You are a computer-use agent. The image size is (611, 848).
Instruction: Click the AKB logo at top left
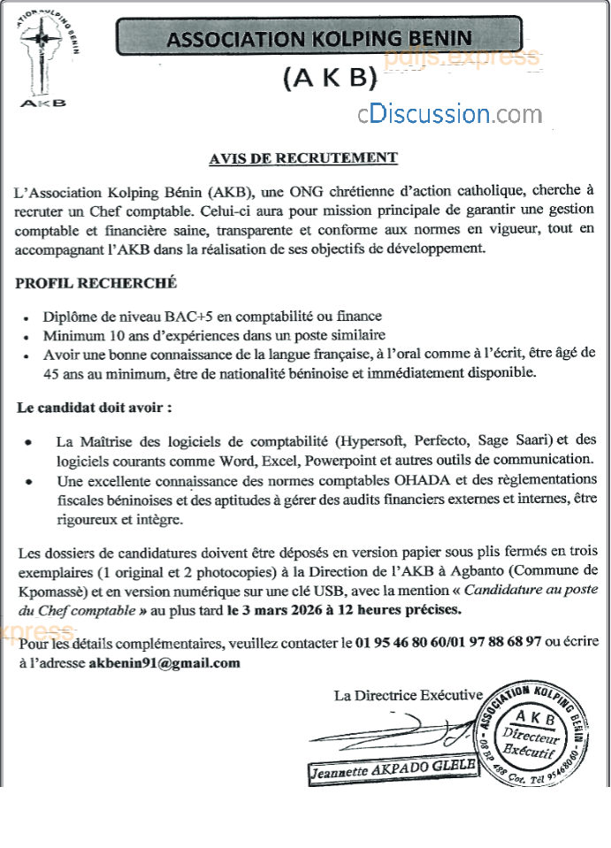click(x=44, y=57)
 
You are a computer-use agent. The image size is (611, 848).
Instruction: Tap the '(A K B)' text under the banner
click(x=330, y=79)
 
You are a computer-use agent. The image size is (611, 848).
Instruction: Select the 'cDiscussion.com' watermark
click(x=449, y=114)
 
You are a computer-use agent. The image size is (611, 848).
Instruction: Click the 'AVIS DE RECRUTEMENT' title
click(x=303, y=158)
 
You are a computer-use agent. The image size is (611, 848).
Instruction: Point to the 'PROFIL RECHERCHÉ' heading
click(x=96, y=283)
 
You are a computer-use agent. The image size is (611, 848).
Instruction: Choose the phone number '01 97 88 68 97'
click(x=496, y=640)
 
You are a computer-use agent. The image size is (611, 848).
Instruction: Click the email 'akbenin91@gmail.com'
click(x=164, y=661)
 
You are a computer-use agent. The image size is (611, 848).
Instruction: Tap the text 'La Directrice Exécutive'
click(x=409, y=696)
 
